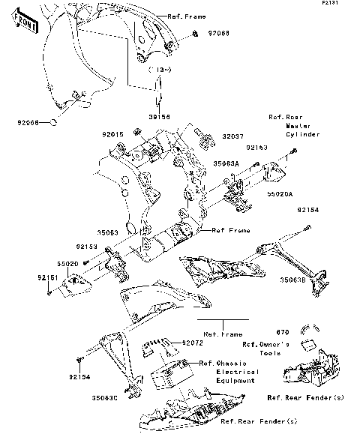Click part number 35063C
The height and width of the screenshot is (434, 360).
(106, 398)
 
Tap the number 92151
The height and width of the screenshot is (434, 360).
(28, 277)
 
